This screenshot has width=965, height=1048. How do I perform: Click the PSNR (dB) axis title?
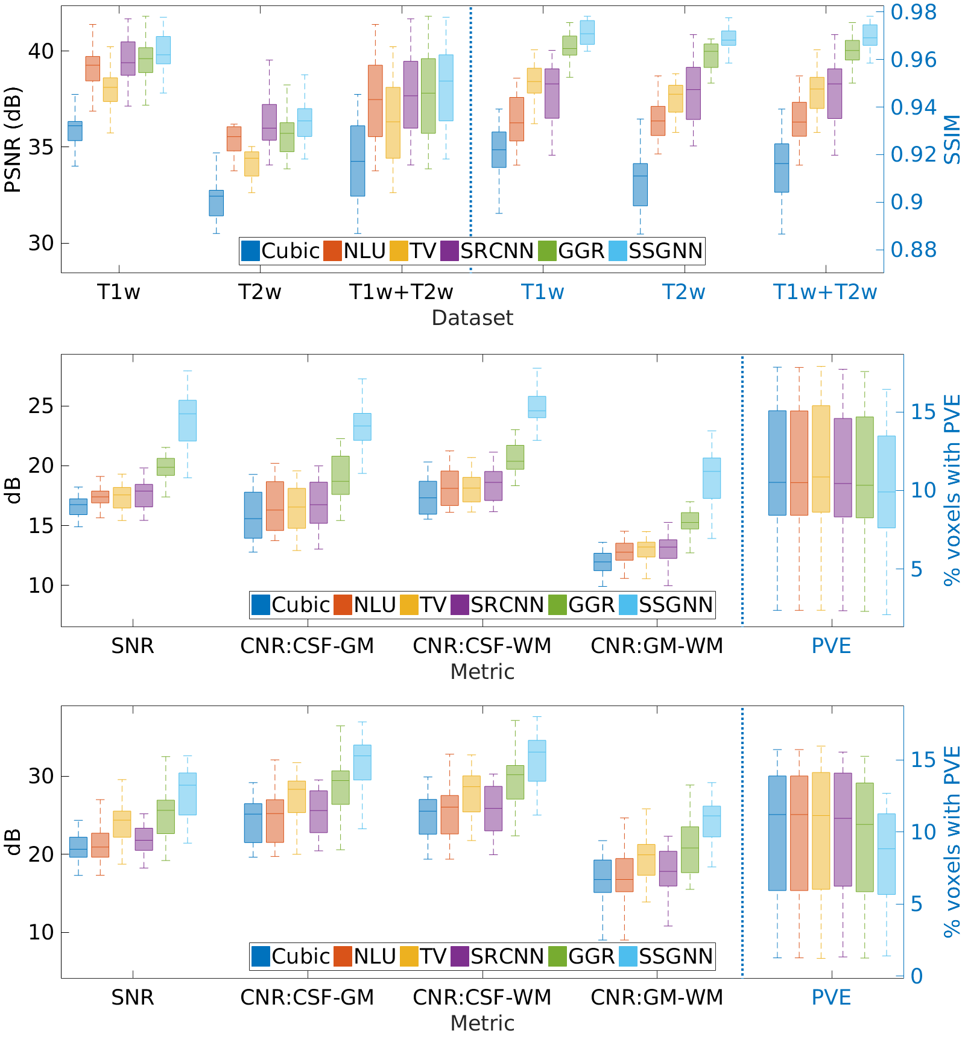click(13, 140)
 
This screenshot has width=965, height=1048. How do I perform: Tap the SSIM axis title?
click(952, 140)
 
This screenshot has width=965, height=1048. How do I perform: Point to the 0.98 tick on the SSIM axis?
click(914, 12)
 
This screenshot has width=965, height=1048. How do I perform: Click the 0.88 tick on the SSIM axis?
click(914, 249)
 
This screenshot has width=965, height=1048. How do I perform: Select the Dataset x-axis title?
click(472, 318)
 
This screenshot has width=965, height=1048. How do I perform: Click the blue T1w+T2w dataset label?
click(824, 292)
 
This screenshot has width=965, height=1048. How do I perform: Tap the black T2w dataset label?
click(259, 292)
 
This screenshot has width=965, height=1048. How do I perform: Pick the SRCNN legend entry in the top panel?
click(487, 251)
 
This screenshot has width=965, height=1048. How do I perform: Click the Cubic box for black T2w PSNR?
click(216, 203)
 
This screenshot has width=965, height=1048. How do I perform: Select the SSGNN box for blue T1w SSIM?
click(587, 33)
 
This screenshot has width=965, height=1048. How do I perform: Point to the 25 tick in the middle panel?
click(40, 406)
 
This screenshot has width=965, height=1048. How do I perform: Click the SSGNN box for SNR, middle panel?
click(187, 420)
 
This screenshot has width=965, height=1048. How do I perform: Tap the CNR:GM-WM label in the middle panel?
click(657, 646)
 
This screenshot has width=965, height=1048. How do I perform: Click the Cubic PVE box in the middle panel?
click(777, 463)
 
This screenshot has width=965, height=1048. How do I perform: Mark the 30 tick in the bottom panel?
click(40, 776)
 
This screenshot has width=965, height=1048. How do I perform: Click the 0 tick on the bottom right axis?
click(916, 976)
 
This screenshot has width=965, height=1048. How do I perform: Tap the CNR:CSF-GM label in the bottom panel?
click(307, 997)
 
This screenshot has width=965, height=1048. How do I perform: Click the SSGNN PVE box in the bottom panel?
click(886, 854)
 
